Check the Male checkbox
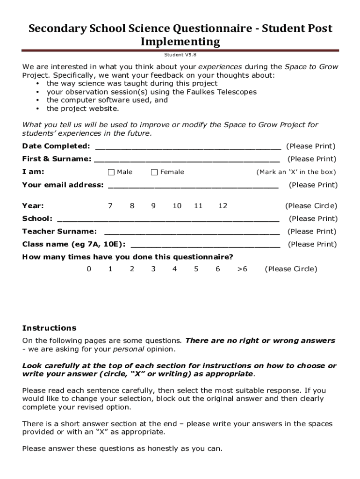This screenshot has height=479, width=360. point(111,172)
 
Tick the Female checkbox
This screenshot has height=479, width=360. point(154,172)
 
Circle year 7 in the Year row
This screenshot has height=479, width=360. point(110,206)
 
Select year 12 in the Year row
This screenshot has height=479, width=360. point(223,206)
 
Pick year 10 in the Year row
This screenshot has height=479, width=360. point(177,206)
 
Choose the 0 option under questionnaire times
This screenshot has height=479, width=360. point(89,269)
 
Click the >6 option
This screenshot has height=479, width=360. point(242,269)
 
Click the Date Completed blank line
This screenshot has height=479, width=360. point(188,147)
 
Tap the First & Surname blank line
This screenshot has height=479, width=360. point(187,160)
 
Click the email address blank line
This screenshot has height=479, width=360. point(193,185)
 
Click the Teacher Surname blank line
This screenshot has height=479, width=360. point(192,232)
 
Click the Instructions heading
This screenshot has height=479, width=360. point(49,328)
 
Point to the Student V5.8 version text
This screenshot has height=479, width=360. point(180,55)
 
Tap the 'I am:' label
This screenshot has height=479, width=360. point(33,172)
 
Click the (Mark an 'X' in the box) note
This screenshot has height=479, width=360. point(296,172)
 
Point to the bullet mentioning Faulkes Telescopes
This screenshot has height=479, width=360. point(151,92)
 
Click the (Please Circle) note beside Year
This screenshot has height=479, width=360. point(311,206)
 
